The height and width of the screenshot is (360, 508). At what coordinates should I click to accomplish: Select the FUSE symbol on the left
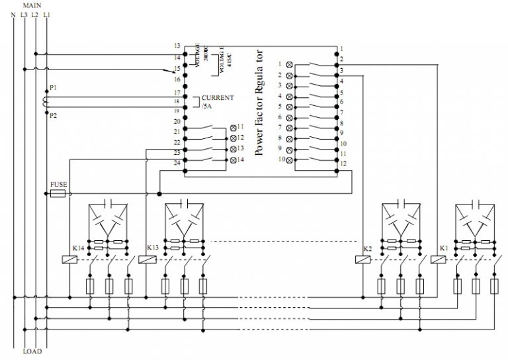(x=58, y=194)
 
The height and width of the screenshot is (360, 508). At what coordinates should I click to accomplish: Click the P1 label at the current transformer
(x=53, y=87)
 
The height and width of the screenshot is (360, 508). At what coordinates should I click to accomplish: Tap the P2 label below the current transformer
(x=53, y=115)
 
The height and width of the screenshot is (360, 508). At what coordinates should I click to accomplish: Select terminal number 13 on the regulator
(x=177, y=46)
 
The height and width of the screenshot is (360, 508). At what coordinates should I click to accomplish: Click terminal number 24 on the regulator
(x=177, y=163)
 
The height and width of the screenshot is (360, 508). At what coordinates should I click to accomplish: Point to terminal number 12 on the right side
(x=343, y=163)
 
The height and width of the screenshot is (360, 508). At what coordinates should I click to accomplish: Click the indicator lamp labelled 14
(x=233, y=161)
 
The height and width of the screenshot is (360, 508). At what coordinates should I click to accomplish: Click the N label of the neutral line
(x=13, y=14)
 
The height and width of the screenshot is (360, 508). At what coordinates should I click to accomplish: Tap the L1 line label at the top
(x=46, y=14)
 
